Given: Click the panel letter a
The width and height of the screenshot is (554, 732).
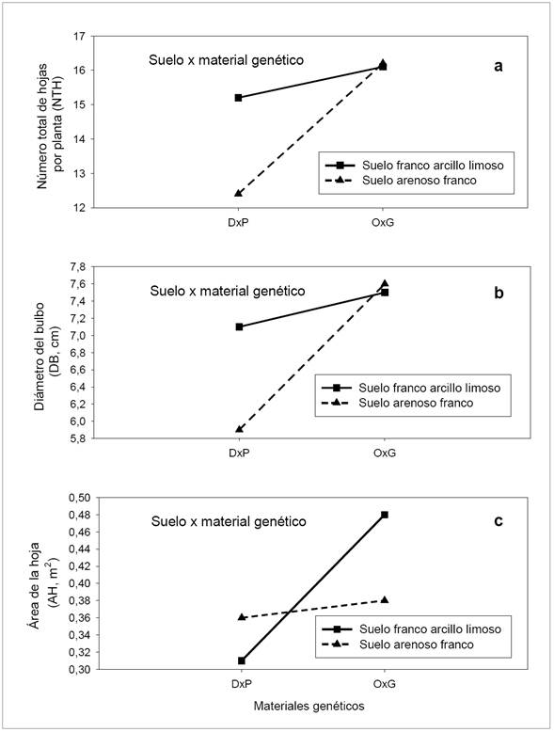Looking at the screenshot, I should pyautogui.click(x=499, y=65).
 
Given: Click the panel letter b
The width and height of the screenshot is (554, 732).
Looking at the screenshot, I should pyautogui.click(x=499, y=293).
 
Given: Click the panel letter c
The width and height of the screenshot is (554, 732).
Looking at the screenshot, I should pyautogui.click(x=499, y=522).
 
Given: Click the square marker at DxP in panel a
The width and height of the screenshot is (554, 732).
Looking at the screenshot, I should pyautogui.click(x=239, y=98).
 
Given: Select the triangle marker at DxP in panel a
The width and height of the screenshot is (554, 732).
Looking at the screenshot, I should pyautogui.click(x=239, y=193).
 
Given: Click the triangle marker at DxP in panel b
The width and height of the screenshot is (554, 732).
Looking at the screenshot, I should pyautogui.click(x=239, y=429).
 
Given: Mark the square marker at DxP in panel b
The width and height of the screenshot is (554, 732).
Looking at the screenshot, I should pyautogui.click(x=239, y=326).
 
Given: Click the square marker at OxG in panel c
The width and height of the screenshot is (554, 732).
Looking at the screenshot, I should pyautogui.click(x=384, y=515).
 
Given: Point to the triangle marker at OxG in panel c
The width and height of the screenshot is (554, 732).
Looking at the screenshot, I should pyautogui.click(x=384, y=599).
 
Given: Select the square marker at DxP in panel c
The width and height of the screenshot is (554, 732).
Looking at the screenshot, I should pyautogui.click(x=239, y=660).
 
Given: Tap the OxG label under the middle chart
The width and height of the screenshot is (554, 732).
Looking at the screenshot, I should pyautogui.click(x=384, y=452).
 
